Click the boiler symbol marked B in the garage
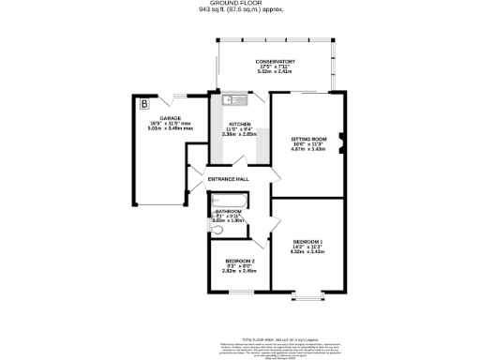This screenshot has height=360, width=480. point(143,102)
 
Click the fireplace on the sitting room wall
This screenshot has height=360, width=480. point(341,143)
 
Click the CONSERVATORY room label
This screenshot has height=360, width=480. point(275,62)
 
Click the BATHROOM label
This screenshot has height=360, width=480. point(229,212)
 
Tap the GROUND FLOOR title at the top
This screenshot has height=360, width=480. point(241,4)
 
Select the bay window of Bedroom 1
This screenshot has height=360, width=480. point(308,297)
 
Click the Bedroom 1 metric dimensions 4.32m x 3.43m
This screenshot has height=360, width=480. point(308,251)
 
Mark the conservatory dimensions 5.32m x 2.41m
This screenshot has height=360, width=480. point(275,73)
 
